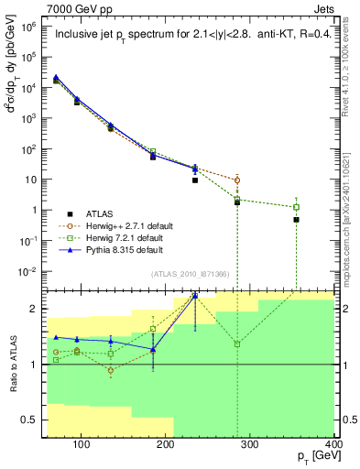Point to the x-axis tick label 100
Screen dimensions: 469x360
[82, 446]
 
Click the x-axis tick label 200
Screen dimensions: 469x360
[166, 446]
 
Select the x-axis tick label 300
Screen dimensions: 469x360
[250, 446]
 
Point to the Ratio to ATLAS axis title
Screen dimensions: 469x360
[13, 370]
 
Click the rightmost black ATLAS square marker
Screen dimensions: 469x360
[296, 220]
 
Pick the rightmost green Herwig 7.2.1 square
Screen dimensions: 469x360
[296, 207]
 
